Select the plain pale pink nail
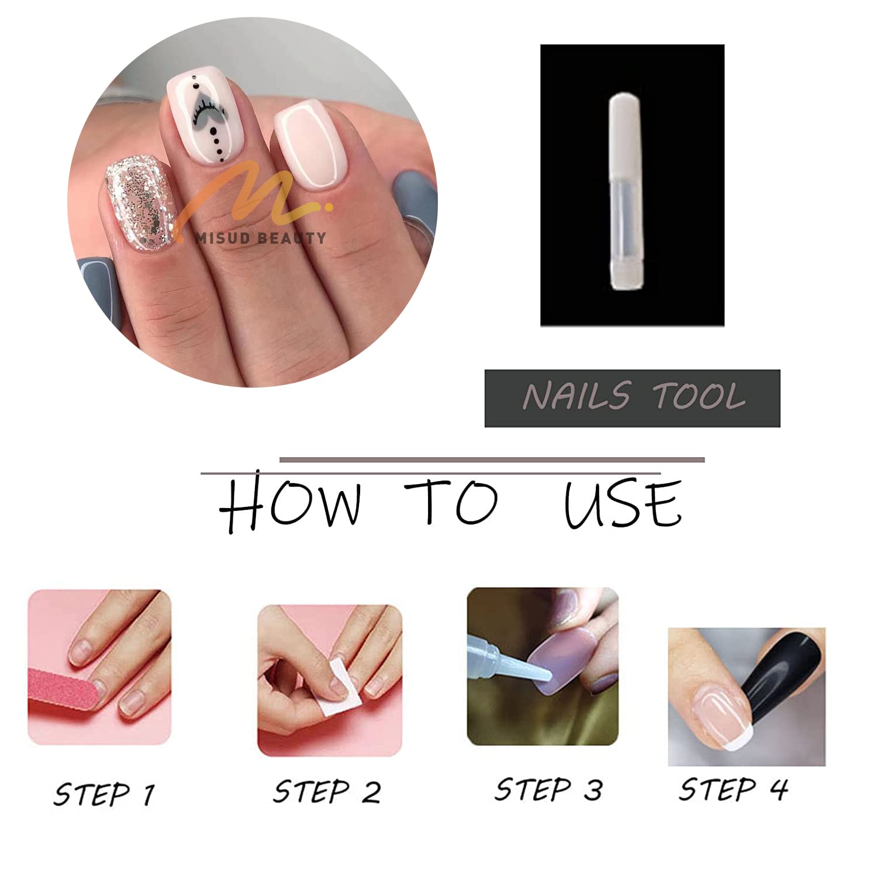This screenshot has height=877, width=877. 311,152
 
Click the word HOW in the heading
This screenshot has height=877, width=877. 291,505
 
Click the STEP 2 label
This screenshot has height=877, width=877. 327,792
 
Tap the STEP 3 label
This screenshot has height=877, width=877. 548,789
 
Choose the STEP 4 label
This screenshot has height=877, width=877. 733,789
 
